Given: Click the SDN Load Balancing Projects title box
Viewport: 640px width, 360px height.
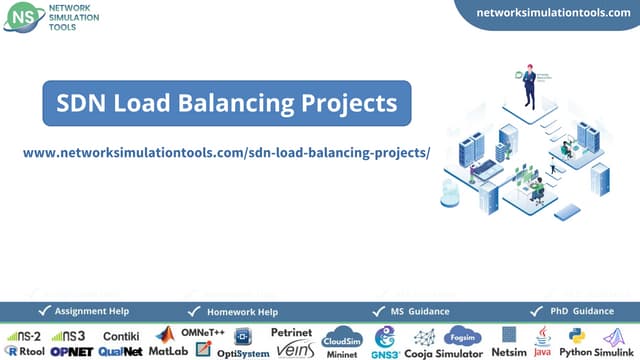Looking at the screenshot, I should point(227,103).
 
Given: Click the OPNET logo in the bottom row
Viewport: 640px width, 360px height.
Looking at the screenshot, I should point(71,351).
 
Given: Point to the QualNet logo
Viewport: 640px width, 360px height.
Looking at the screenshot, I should point(120,351).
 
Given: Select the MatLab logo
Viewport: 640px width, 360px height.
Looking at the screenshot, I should point(168,343).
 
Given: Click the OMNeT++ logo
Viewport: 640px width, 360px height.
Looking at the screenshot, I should point(201,331).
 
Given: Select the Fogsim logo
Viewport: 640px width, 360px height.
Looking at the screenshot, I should point(463,335).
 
